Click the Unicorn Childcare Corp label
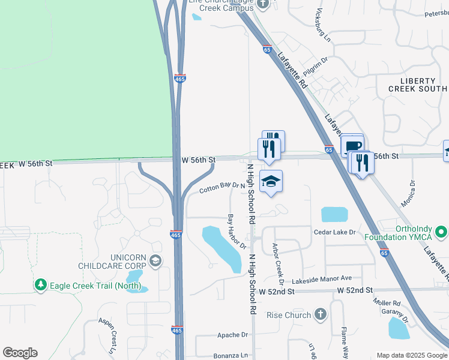(112, 260)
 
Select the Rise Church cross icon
(321, 314)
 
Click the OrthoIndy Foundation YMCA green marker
(442, 231)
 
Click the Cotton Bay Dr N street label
(223, 188)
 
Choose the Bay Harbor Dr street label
(237, 231)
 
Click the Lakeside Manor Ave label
(322, 279)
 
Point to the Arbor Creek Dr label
(278, 264)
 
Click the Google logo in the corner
(20, 353)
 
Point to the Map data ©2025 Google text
(411, 355)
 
